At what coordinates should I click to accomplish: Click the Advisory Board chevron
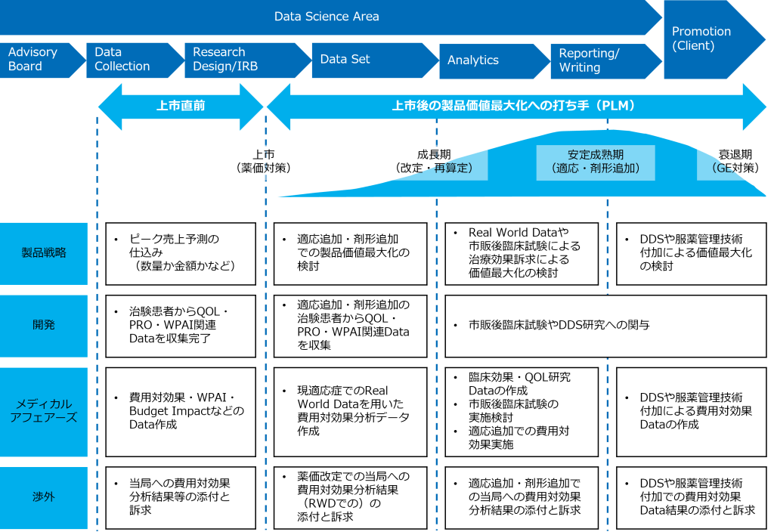[38, 60]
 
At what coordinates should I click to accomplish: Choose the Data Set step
[367, 60]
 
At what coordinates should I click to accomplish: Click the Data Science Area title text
[327, 16]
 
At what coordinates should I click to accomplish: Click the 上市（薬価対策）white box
[263, 162]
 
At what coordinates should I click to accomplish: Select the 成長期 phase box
[434, 162]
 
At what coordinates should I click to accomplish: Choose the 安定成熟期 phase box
[596, 162]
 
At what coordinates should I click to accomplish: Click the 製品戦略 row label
[44, 253]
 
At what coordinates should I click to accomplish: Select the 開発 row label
[44, 325]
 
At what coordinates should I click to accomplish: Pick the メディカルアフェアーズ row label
[44, 411]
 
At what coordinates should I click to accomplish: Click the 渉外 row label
[44, 497]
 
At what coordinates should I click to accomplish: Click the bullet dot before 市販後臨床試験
[456, 326]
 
